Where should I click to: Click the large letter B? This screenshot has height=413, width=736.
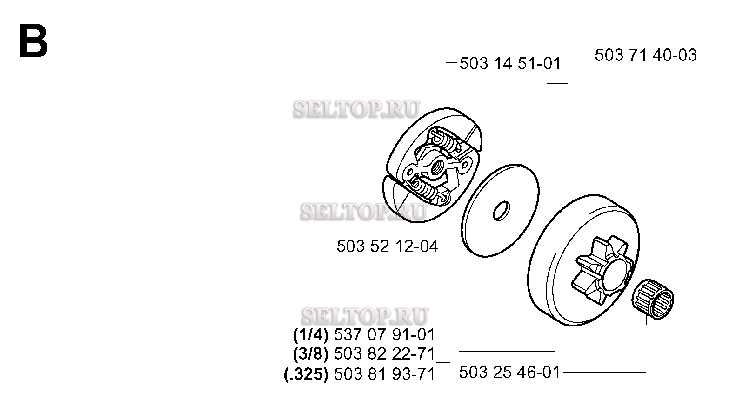[x=33, y=41]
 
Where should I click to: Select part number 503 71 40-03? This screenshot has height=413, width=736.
[x=646, y=55]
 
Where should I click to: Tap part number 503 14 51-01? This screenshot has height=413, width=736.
[x=509, y=63]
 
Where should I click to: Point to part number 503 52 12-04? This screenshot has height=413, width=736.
[x=388, y=246]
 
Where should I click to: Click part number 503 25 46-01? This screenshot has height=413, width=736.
[x=509, y=372]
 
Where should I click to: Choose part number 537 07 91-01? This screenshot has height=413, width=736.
[x=384, y=335]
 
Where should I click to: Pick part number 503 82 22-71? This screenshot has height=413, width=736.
[x=384, y=354]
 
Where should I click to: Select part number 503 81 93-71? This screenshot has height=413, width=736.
[x=384, y=374]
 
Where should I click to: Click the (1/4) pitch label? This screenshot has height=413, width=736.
[x=310, y=335]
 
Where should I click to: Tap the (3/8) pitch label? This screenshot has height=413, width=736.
[x=310, y=354]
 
